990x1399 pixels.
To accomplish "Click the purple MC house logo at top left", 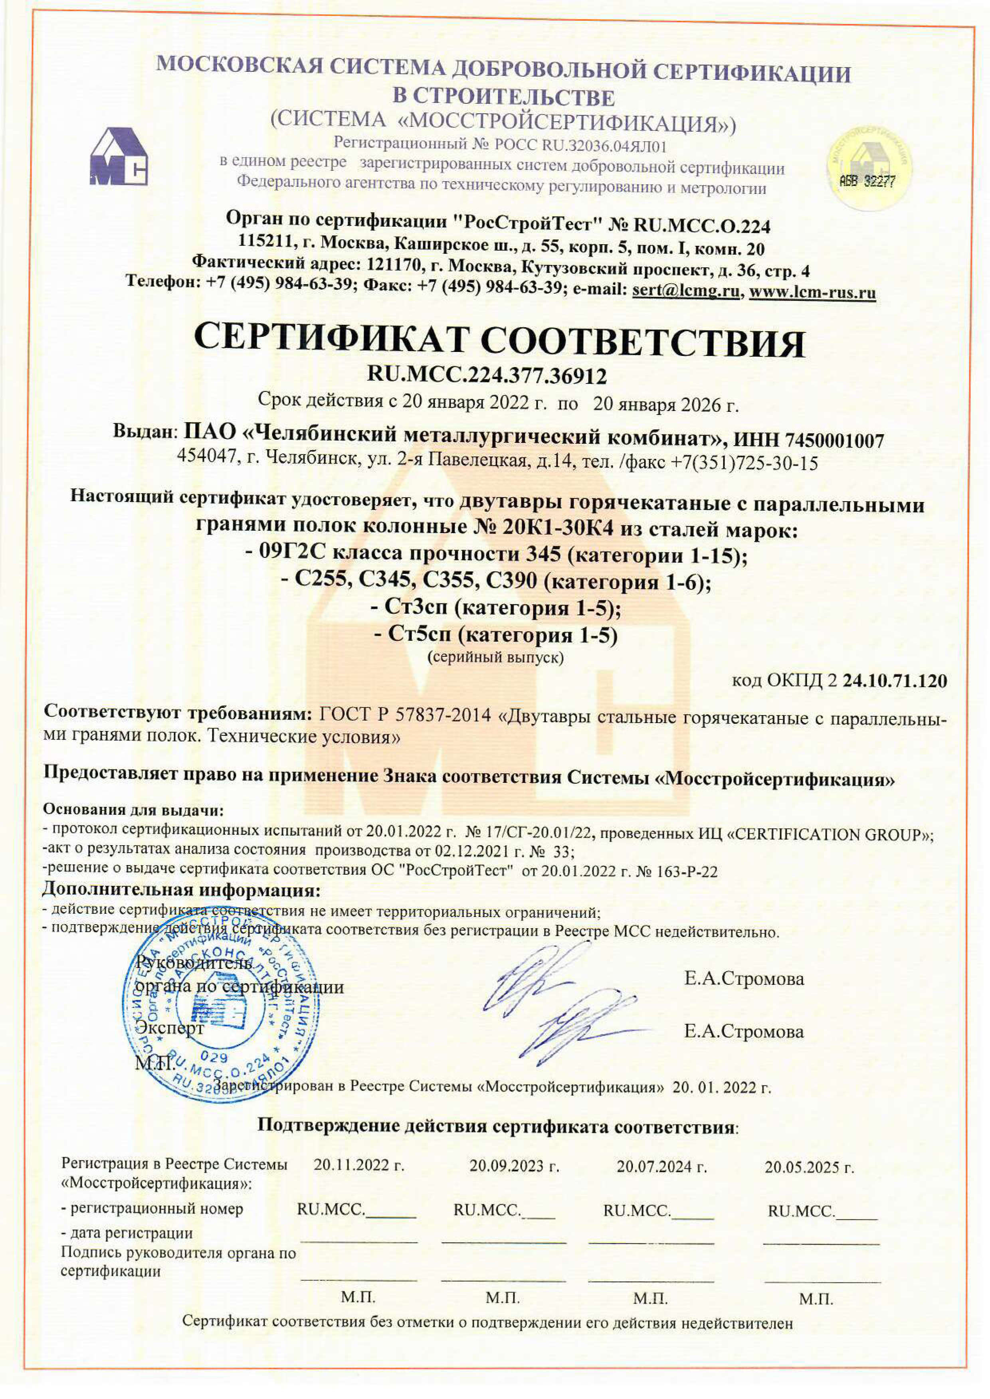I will (x=119, y=156).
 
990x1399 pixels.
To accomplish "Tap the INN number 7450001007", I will (x=835, y=440).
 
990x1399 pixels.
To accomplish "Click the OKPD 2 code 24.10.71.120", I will (x=894, y=681).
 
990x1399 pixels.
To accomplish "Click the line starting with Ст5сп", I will (x=495, y=635).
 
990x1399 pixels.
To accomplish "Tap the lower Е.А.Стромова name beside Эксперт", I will (x=743, y=1031).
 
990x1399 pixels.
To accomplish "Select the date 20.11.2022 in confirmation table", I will (x=358, y=1165).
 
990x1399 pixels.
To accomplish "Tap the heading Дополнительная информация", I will (x=181, y=890).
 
